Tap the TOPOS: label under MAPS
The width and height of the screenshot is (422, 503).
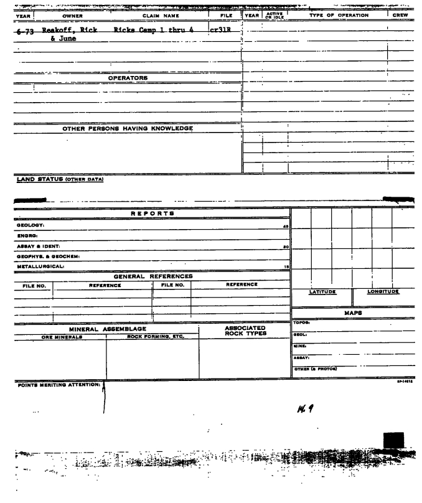pos(301,324)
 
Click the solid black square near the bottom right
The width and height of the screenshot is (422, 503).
pos(395,441)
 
